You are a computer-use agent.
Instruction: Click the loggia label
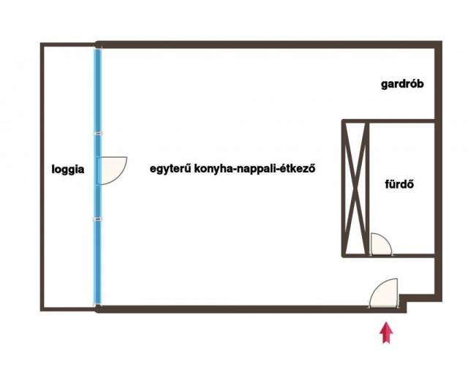68,170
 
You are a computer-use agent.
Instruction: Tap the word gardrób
402,85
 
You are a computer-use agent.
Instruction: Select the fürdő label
399,184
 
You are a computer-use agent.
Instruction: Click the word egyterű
170,169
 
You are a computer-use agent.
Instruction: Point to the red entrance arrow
386,332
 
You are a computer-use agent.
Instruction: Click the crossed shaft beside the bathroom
355,189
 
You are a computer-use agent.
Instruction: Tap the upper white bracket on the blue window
98,133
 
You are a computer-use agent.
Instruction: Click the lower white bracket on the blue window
98,219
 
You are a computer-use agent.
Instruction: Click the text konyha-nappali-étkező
254,169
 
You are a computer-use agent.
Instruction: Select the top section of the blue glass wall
98,91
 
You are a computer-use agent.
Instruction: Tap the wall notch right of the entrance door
403,303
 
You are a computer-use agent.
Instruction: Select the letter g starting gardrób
385,85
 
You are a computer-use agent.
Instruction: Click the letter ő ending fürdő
410,184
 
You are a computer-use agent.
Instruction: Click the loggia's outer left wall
42,177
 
